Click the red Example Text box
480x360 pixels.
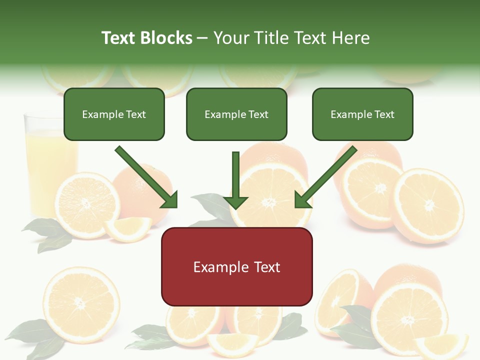tap(236, 266)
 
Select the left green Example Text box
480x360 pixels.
tap(114, 114)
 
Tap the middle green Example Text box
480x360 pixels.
tap(236, 114)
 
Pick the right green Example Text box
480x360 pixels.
tap(362, 114)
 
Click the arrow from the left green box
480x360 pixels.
tap(145, 175)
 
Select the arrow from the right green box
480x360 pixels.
tap(327, 175)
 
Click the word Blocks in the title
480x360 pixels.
tap(166, 37)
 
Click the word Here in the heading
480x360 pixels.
tap(351, 37)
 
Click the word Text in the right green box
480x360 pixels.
tap(384, 114)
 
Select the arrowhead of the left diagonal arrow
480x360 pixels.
tap(169, 199)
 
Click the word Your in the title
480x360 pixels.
tap(229, 37)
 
